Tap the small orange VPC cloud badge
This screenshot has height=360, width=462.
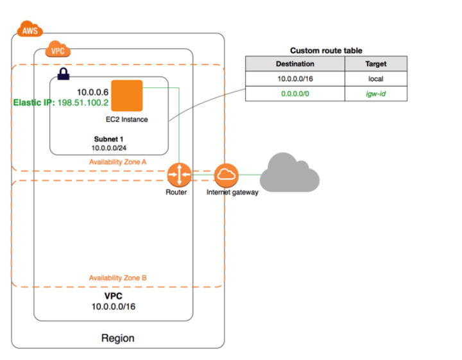pyautogui.click(x=56, y=50)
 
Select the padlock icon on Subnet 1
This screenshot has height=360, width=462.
pyautogui.click(x=63, y=74)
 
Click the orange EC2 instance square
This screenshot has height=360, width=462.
pyautogui.click(x=126, y=96)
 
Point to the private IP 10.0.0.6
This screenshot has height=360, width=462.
pyautogui.click(x=92, y=92)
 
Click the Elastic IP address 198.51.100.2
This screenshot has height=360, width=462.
pyautogui.click(x=85, y=103)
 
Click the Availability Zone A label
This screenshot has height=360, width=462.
pyautogui.click(x=117, y=162)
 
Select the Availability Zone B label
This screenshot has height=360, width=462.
pyautogui.click(x=117, y=278)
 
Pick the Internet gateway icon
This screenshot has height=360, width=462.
pyautogui.click(x=226, y=174)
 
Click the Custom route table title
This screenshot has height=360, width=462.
pyautogui.click(x=326, y=50)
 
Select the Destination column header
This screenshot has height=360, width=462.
pyautogui.click(x=295, y=64)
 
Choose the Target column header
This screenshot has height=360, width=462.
pyautogui.click(x=376, y=64)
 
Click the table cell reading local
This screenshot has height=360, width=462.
pyautogui.click(x=376, y=79)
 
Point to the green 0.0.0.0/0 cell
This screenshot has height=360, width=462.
pyautogui.click(x=295, y=94)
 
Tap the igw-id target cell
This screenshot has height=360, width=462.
pyautogui.click(x=376, y=94)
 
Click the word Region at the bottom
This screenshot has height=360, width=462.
pyautogui.click(x=118, y=338)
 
